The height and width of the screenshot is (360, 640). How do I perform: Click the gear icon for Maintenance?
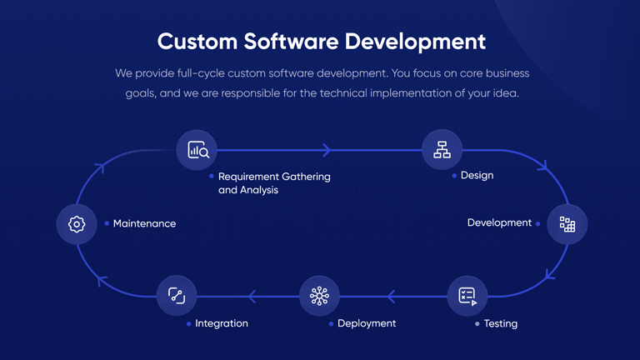click(77, 224)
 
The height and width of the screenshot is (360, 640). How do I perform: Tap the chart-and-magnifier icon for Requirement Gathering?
click(198, 150)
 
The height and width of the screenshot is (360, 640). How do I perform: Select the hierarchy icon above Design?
click(442, 149)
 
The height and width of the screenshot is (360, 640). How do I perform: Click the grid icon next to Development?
click(567, 224)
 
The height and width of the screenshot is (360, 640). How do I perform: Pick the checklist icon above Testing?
click(467, 297)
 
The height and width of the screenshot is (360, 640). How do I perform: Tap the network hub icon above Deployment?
click(319, 296)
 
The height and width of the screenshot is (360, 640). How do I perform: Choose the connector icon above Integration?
click(177, 296)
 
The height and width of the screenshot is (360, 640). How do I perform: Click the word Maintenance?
click(144, 223)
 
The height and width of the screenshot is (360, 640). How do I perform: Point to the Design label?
click(477, 176)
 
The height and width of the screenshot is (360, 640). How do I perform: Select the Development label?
click(499, 222)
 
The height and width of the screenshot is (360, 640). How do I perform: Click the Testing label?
click(501, 323)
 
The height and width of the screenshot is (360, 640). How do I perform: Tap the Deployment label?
click(367, 323)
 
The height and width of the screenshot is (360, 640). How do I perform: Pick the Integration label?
click(222, 323)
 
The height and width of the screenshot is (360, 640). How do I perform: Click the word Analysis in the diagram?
click(259, 190)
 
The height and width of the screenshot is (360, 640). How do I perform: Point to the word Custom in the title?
click(197, 41)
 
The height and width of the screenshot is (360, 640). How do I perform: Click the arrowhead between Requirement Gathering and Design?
click(327, 150)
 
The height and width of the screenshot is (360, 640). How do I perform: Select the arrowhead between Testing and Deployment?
click(391, 297)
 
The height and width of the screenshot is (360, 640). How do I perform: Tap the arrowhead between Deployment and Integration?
click(252, 297)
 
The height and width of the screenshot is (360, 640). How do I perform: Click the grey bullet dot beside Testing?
click(477, 323)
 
